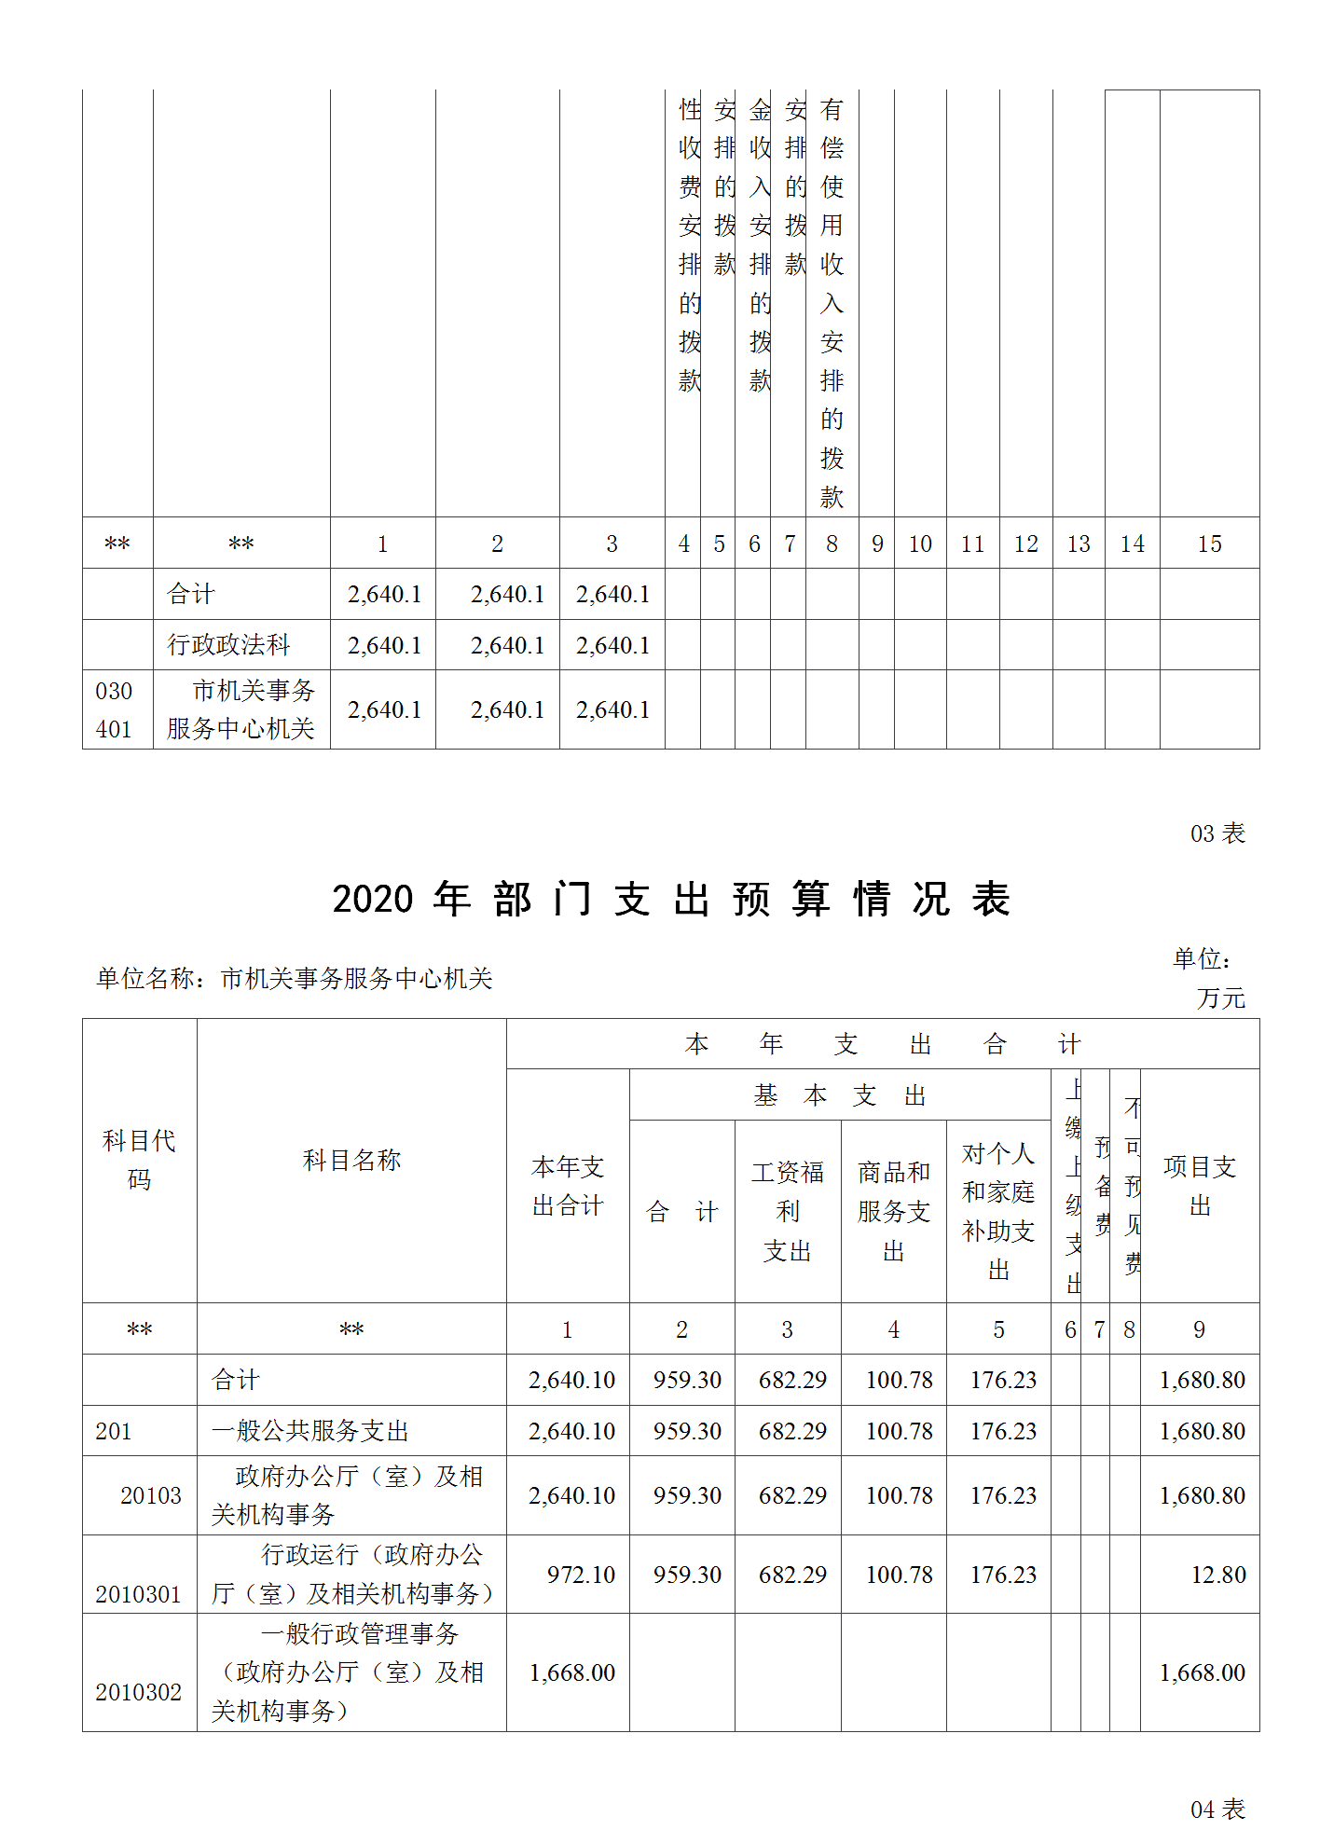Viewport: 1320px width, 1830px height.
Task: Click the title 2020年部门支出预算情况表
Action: point(671,900)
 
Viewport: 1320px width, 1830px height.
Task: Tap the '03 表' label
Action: point(1217,833)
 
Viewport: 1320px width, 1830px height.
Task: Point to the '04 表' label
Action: point(1217,1809)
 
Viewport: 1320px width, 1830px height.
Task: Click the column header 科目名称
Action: point(351,1160)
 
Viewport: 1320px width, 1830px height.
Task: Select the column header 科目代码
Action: point(139,1160)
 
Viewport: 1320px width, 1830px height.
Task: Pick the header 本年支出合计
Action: point(568,1186)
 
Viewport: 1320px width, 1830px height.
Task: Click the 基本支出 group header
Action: point(839,1095)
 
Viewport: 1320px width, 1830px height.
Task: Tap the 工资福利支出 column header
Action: point(788,1211)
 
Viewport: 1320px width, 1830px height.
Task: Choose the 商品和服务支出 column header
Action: point(893,1211)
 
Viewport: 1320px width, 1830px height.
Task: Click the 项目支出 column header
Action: point(1200,1186)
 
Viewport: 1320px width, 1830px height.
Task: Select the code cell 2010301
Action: point(138,1594)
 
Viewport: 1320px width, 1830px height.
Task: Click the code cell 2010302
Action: point(138,1692)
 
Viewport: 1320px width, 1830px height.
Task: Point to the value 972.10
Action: point(581,1575)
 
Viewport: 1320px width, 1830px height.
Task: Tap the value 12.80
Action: point(1217,1575)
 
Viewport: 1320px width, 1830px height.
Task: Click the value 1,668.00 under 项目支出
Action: point(1202,1672)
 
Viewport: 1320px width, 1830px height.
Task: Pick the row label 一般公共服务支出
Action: point(309,1431)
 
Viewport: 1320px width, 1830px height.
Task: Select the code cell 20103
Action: point(150,1495)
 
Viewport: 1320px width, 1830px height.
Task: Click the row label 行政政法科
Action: point(228,645)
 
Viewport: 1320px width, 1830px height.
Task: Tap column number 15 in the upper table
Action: point(1209,543)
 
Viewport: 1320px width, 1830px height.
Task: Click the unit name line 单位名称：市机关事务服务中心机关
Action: point(294,978)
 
